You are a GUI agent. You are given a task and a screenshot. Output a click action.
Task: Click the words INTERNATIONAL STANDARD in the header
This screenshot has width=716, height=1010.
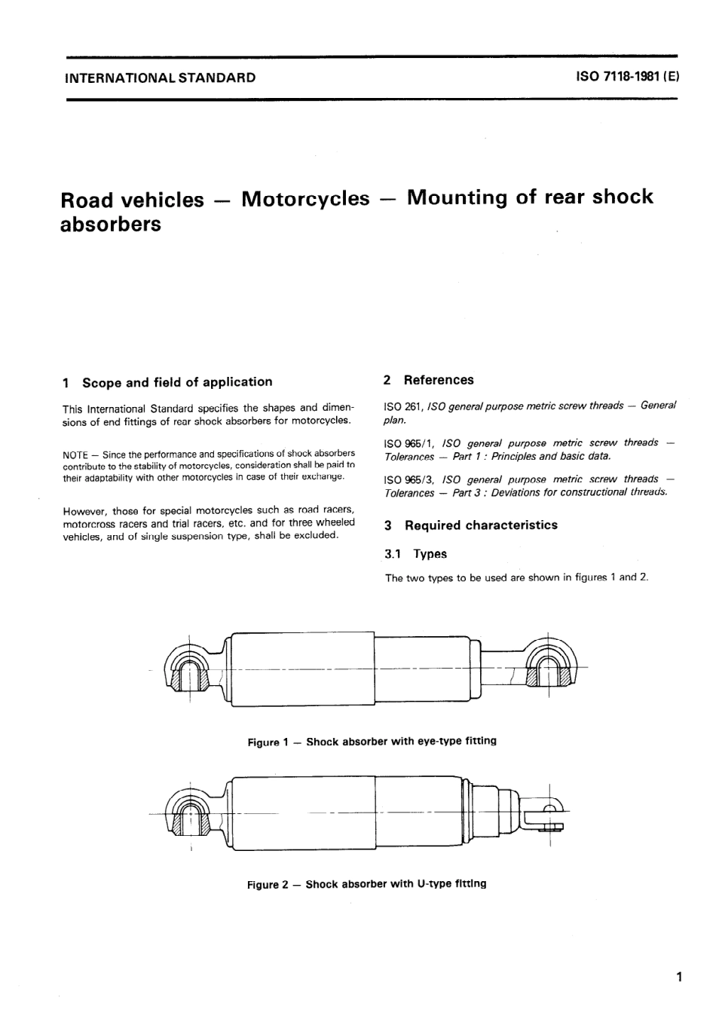[x=161, y=77]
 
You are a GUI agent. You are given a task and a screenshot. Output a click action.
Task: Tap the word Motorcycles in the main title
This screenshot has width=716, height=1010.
[x=305, y=199]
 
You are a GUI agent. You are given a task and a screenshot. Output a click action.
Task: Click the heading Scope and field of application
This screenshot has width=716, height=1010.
[x=177, y=382]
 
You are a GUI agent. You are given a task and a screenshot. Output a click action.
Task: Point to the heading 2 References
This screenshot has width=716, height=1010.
[x=429, y=381]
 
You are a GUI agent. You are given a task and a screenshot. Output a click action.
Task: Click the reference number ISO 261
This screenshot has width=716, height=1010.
[x=402, y=406]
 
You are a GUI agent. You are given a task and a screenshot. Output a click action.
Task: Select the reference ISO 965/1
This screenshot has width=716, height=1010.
[x=408, y=443]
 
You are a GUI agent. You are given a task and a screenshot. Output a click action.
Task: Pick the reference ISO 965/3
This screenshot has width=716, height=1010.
[x=408, y=479]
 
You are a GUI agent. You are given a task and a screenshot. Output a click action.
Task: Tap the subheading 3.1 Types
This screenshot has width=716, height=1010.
[x=415, y=554]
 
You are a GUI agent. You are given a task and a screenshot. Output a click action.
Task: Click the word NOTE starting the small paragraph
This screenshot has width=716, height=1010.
[x=75, y=454]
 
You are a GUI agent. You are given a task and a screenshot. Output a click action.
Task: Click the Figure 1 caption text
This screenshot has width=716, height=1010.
[x=372, y=742]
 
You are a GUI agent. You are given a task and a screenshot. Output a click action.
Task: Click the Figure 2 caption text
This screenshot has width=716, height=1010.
[x=367, y=884]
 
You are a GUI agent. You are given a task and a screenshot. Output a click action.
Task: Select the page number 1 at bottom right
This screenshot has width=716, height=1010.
[x=679, y=978]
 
